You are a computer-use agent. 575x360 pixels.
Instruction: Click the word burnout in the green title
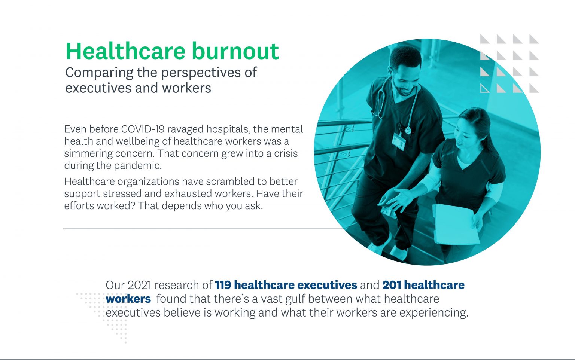(235, 51)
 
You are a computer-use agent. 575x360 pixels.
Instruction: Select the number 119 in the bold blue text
(223, 285)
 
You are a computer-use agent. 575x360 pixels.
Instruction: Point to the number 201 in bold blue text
(392, 285)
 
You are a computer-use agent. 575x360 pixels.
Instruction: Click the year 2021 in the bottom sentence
(139, 285)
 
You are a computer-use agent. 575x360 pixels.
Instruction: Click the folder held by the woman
(454, 225)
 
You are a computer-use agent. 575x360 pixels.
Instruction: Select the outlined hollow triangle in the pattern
(484, 88)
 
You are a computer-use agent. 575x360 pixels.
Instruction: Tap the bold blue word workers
(128, 299)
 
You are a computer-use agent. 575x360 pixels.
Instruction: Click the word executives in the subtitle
(94, 88)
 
